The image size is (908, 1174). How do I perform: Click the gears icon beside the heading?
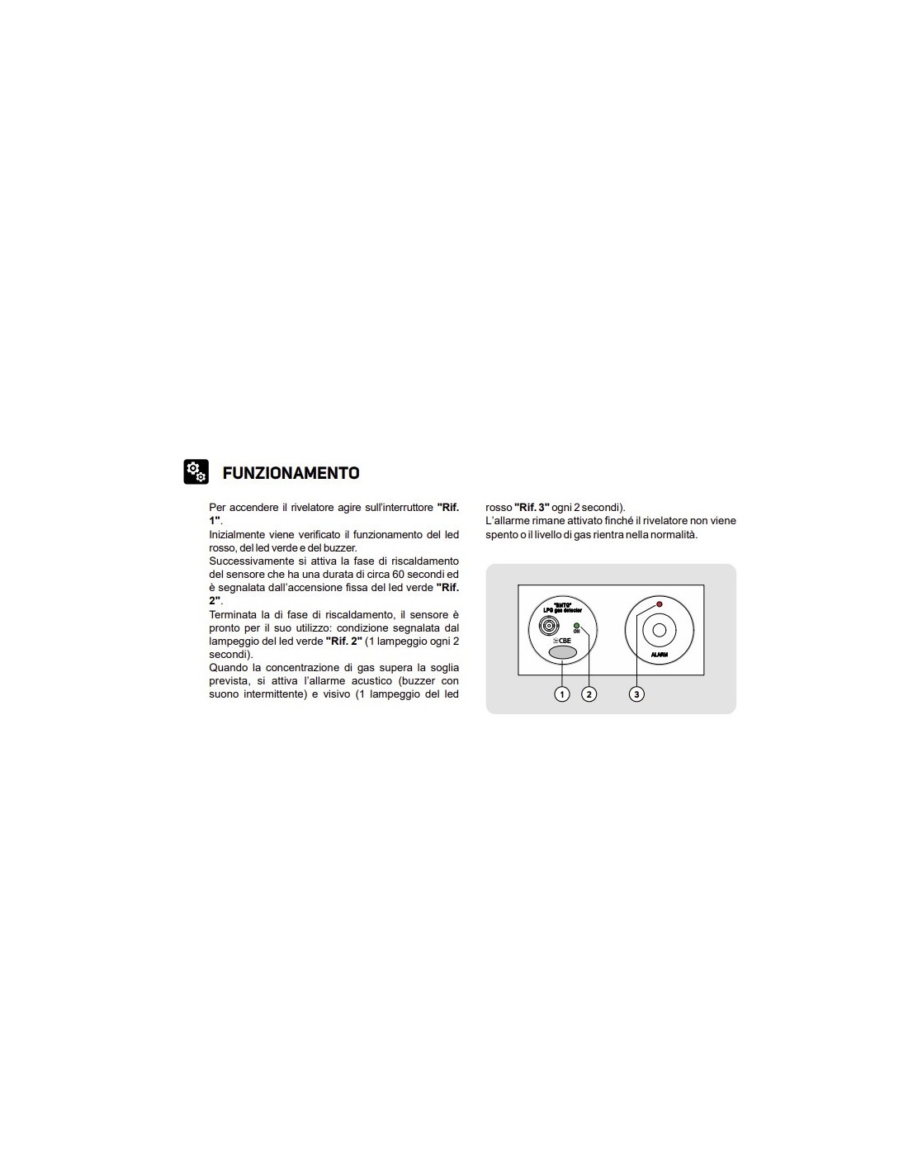tap(196, 471)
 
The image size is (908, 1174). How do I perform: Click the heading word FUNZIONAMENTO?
tap(291, 473)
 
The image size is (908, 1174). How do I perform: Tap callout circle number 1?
tap(562, 694)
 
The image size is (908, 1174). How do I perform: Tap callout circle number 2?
tap(589, 694)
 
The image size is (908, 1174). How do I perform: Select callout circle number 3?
tap(636, 694)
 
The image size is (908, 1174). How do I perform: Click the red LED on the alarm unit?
tap(659, 604)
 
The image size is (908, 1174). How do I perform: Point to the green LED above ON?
tap(576, 626)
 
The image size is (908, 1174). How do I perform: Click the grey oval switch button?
tap(562, 652)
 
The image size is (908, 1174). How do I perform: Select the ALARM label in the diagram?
tap(659, 654)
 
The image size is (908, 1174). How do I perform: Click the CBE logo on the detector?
tap(562, 640)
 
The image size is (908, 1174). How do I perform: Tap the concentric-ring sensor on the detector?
tap(546, 624)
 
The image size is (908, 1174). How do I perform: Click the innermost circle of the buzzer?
tap(659, 631)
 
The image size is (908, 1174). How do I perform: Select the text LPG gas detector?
tap(562, 611)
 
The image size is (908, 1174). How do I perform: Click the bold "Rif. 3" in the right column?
tap(532, 508)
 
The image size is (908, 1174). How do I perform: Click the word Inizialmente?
tap(238, 535)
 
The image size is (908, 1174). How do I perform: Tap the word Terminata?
tap(232, 615)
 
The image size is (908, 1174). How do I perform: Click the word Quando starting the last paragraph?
tap(229, 668)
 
